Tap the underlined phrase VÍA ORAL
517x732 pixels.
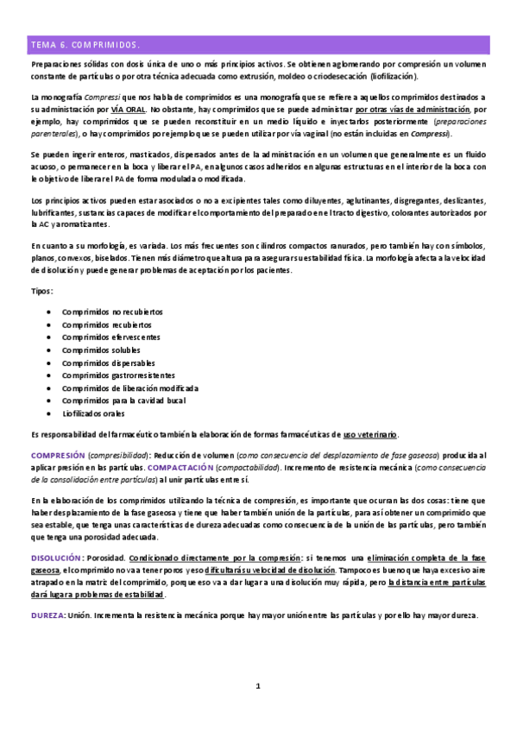coord(128,110)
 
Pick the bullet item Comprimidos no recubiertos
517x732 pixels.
coord(112,312)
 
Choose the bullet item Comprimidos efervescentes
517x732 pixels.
coord(111,337)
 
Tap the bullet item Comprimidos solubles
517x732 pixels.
coord(102,350)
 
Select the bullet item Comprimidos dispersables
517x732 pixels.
coord(108,363)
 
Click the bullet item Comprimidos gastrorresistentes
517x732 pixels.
coord(118,375)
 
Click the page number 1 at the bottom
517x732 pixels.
coord(257,686)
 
